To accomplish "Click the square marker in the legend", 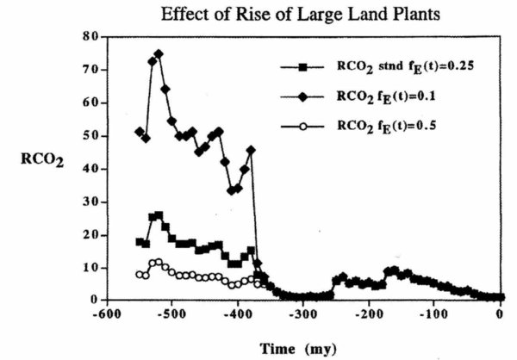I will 305,66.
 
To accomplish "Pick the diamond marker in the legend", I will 305,96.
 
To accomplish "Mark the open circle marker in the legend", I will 305,127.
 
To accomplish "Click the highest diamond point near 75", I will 159,53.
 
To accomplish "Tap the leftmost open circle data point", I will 139,274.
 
